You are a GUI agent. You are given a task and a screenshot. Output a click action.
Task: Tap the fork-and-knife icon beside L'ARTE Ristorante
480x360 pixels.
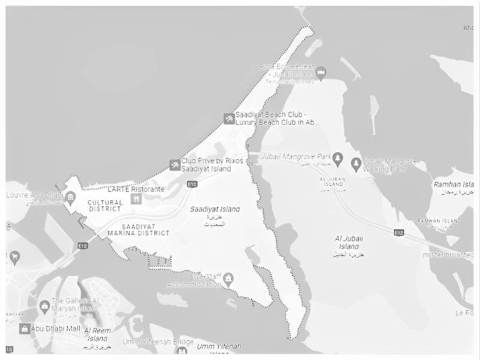136,199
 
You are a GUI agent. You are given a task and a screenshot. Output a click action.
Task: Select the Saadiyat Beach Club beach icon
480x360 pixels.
229,118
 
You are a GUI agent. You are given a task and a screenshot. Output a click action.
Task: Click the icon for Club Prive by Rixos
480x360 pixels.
175,164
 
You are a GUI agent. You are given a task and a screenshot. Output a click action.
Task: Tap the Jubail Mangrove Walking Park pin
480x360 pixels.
356,163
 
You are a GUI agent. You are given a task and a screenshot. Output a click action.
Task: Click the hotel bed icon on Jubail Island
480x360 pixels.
321,73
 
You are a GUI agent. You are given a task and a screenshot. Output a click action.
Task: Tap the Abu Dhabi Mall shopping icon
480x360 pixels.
25,329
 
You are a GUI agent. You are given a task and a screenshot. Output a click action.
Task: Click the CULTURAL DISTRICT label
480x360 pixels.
105,206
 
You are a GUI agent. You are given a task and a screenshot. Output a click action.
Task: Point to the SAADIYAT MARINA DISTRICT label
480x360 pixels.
139,230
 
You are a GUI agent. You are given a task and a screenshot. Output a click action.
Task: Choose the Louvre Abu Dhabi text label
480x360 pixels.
34,195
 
